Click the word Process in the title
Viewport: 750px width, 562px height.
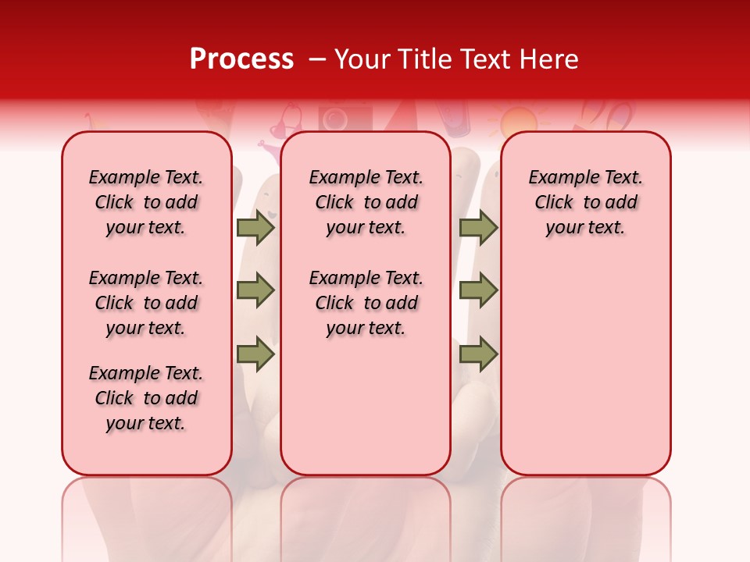click(x=241, y=59)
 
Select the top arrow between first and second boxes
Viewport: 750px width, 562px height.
click(x=255, y=228)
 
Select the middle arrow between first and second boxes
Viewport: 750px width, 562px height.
click(x=255, y=291)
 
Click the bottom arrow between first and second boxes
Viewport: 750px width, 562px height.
click(x=255, y=354)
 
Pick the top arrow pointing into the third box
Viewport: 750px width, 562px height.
click(x=479, y=228)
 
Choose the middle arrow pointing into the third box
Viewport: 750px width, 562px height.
click(x=479, y=291)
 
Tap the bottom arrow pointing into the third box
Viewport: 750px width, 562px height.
click(x=479, y=354)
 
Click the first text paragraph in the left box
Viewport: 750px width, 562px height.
click(x=146, y=202)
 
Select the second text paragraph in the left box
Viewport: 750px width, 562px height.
click(x=146, y=303)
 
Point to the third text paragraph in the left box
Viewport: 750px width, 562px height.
click(x=146, y=398)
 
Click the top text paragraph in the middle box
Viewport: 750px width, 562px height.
click(x=366, y=202)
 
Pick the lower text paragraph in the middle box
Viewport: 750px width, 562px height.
click(x=366, y=303)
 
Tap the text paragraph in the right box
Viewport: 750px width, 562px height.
click(x=585, y=202)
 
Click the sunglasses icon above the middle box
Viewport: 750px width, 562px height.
click(x=286, y=121)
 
